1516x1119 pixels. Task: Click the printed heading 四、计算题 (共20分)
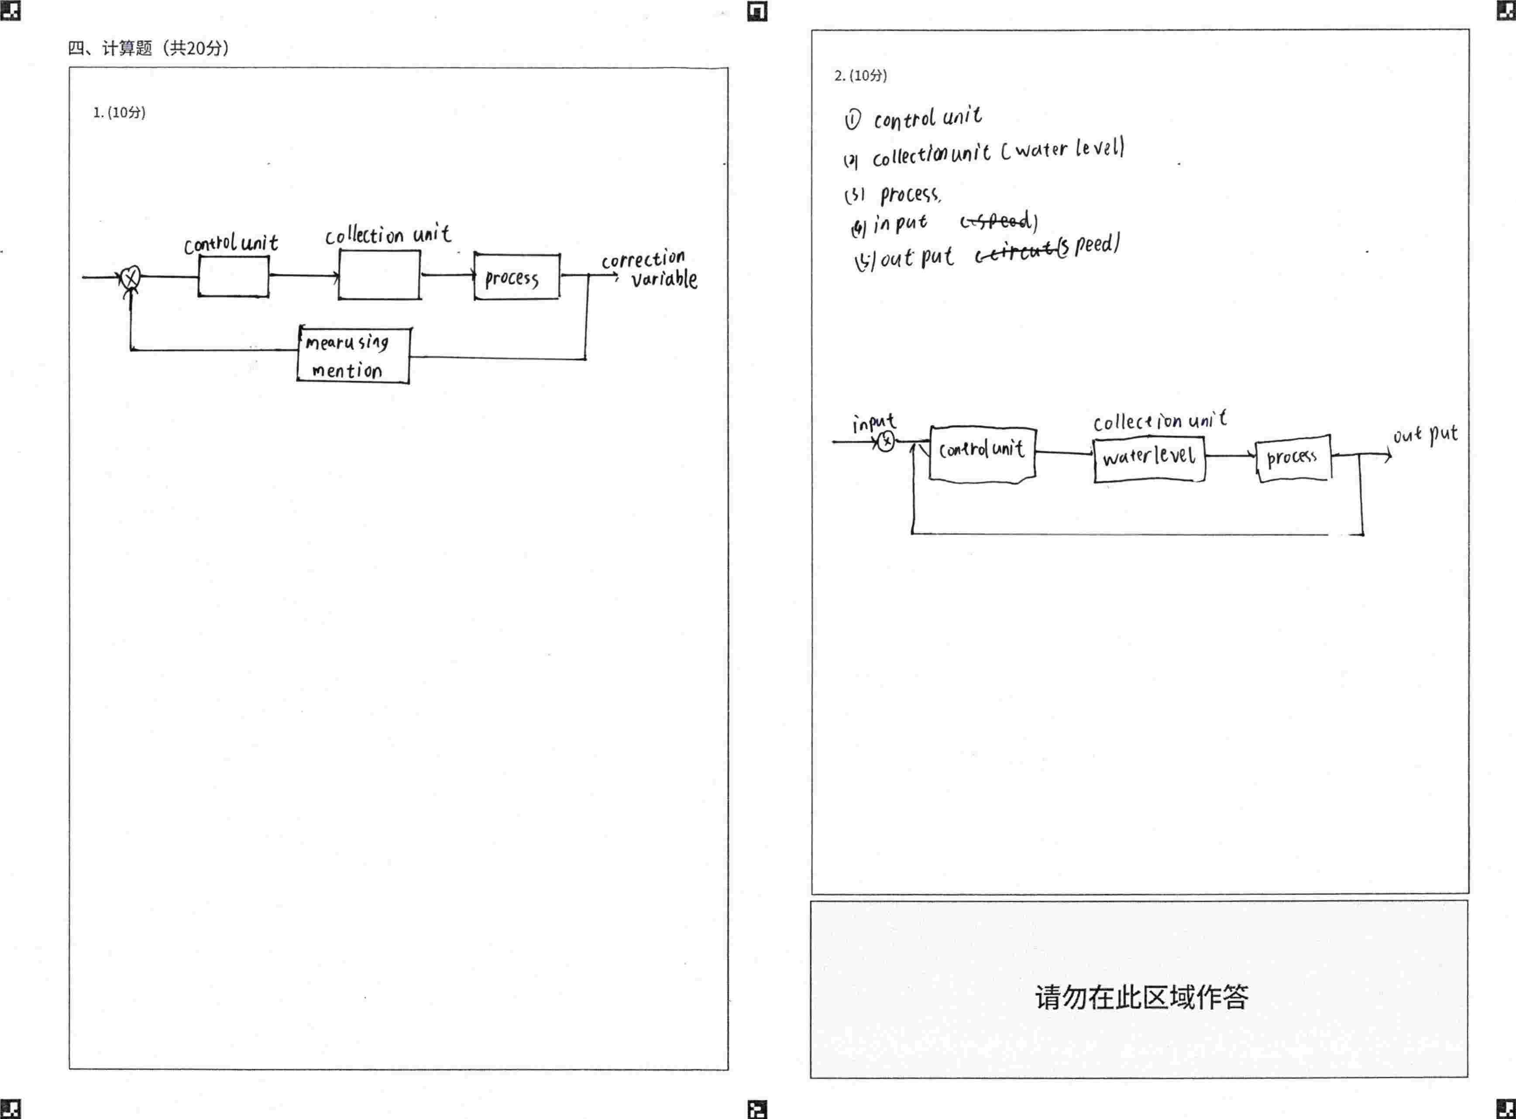(148, 48)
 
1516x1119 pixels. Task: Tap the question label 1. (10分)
(119, 113)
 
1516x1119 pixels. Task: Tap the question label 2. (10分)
(860, 75)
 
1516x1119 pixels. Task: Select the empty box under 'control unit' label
(234, 276)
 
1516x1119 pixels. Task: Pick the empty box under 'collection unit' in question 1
(379, 275)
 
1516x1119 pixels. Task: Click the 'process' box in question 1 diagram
(517, 276)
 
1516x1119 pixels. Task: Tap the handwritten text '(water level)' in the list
(1062, 149)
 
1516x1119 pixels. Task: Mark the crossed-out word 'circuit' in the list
(1016, 253)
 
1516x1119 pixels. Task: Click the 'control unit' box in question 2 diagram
(982, 454)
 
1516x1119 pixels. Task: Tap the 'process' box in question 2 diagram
(1293, 459)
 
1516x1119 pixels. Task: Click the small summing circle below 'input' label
(885, 442)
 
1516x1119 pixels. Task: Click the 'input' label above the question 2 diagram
(874, 423)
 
